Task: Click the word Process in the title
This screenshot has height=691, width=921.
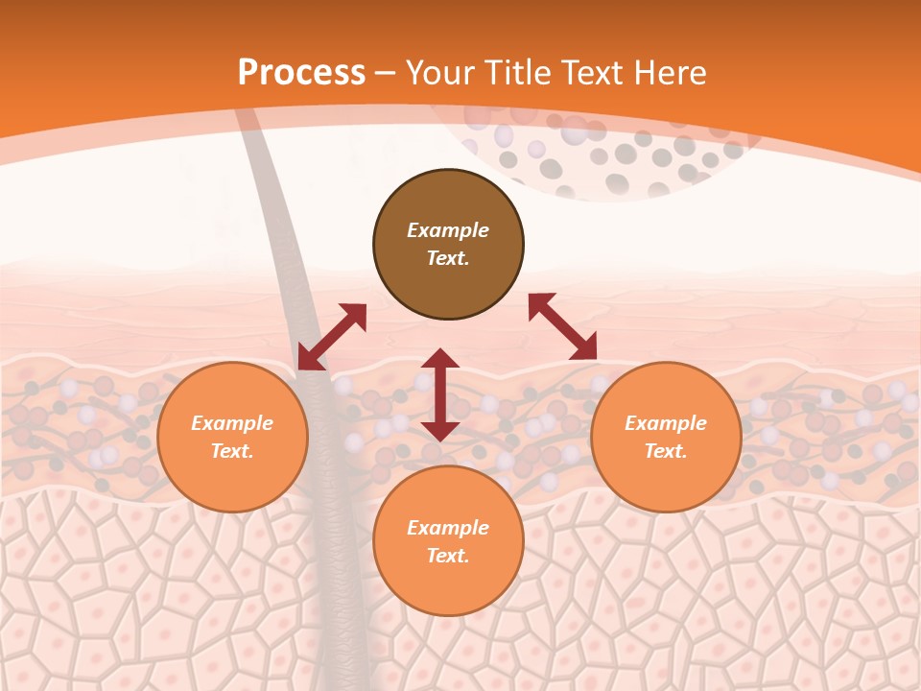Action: coord(301,73)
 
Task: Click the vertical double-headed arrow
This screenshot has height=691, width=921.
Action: coord(440,394)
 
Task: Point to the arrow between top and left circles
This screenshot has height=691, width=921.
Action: coord(332,337)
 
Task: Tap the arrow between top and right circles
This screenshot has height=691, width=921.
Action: coord(562,326)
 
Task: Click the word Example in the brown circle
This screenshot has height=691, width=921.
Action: coord(448,230)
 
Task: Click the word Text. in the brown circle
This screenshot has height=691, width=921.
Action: coord(448,258)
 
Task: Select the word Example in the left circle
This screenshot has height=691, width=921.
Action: coord(232,423)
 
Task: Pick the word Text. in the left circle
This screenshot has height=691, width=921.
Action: coord(232,451)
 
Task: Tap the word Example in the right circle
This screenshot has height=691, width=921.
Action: coord(666,423)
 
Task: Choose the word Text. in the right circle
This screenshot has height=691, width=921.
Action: coord(666,451)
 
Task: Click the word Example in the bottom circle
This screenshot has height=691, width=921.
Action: coord(448,528)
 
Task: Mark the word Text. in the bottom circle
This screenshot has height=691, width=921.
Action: coord(448,556)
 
